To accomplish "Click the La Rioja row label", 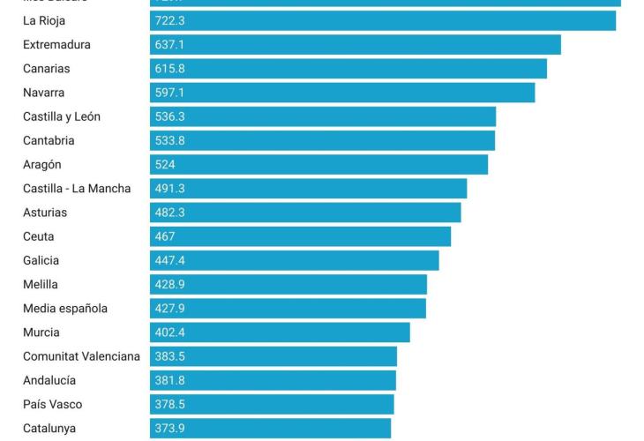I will (44, 20).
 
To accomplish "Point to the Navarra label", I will (44, 93).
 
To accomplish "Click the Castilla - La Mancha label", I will (77, 188).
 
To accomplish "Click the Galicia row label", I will (41, 260).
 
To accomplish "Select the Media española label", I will (65, 308).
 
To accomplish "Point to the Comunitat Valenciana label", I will (81, 356).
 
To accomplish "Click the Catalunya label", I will (49, 428).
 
